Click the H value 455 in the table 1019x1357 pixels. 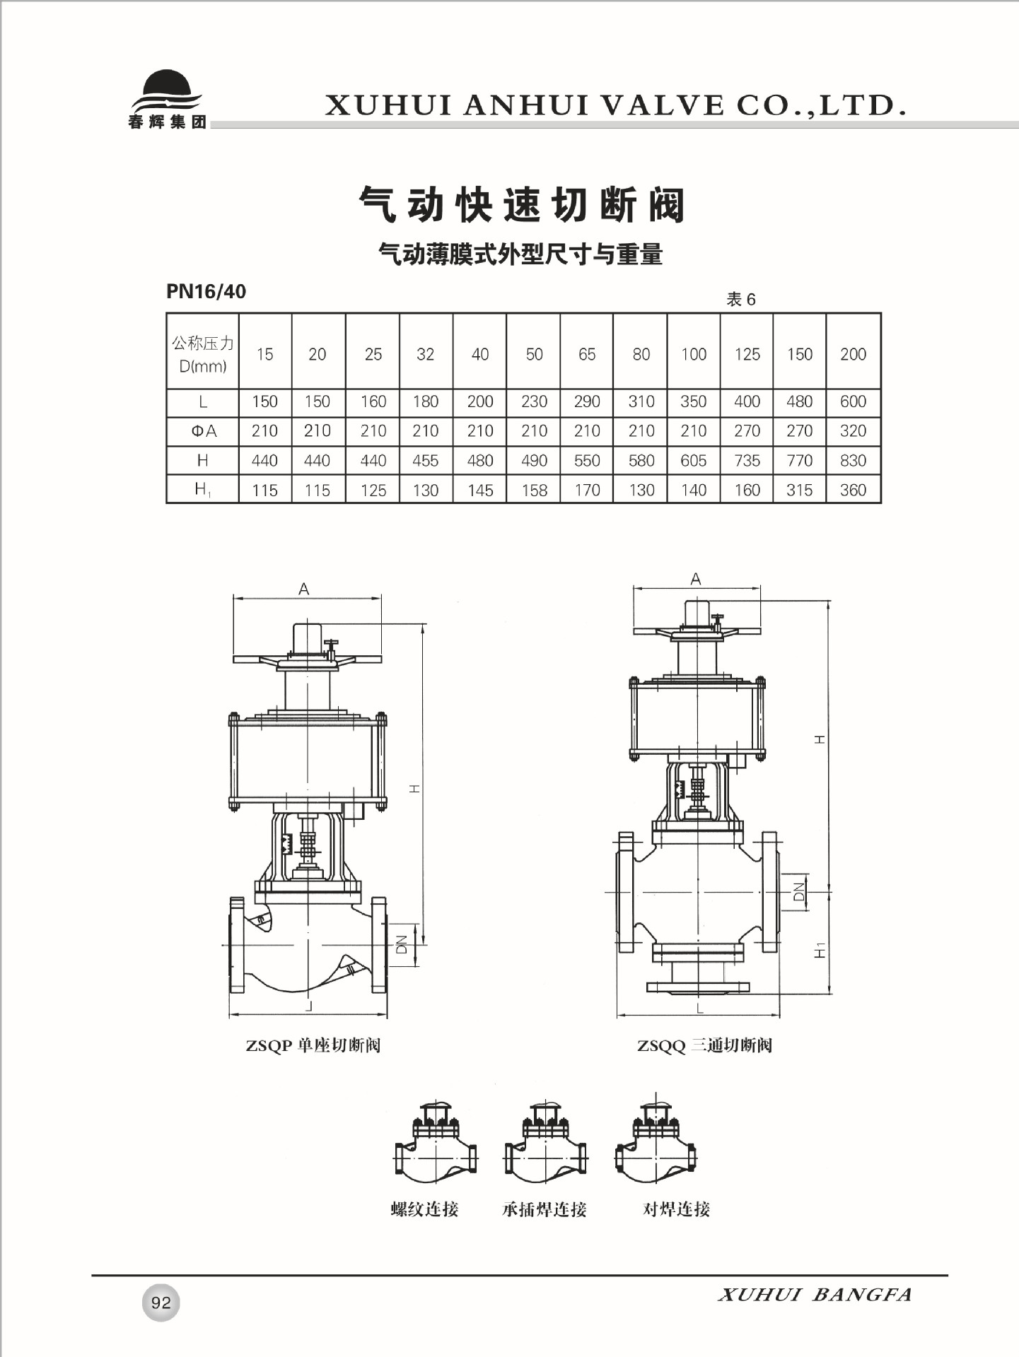point(426,461)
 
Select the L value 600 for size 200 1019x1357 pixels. point(853,401)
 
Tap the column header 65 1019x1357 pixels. point(587,354)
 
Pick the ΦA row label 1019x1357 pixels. point(204,431)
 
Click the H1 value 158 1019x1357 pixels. point(534,490)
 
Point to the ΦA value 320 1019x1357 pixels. point(853,431)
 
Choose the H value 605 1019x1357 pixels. point(694,461)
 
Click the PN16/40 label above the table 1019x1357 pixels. point(206,291)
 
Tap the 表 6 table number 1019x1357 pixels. point(741,300)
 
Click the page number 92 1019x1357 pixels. point(161,1303)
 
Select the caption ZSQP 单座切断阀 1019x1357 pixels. point(313,1045)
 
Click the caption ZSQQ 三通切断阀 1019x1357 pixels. point(704,1045)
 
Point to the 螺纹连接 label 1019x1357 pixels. point(424,1209)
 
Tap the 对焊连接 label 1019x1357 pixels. point(676,1209)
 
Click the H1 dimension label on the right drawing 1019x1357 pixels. point(820,950)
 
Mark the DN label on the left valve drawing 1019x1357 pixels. point(401,945)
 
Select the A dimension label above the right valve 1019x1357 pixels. point(696,579)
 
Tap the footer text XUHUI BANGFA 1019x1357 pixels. point(815,1296)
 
